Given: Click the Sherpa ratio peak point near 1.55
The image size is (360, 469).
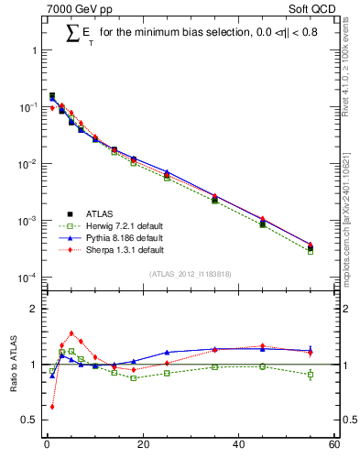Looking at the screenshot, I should coord(71,333).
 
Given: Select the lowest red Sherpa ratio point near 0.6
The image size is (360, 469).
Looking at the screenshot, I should coord(52,406).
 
